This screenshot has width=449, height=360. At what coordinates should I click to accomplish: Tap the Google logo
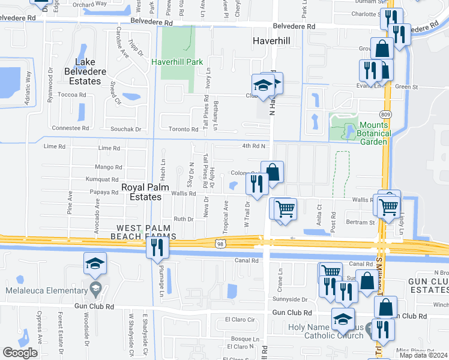tap(20, 352)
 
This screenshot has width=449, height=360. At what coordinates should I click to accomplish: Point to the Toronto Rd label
tap(182, 129)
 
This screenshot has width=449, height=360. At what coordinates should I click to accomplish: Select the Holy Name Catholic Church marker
tap(369, 331)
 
